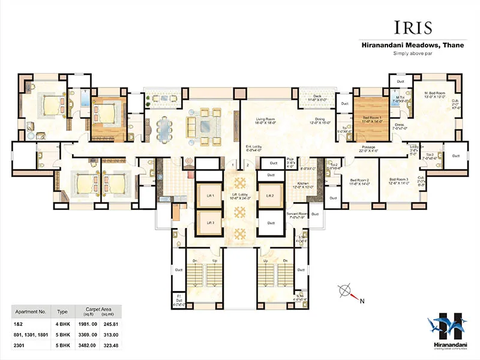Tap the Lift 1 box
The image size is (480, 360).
coord(210,196)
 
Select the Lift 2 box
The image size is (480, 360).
coord(270,196)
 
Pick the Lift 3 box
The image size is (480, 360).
coord(210,223)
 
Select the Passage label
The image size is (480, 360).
coord(368,148)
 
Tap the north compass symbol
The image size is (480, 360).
coord(346,293)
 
